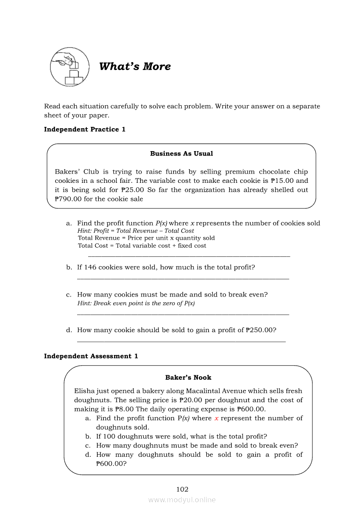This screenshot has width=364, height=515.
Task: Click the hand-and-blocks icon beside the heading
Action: point(69,67)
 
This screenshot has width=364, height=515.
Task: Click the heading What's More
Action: point(135,67)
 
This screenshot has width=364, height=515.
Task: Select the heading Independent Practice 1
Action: point(85,129)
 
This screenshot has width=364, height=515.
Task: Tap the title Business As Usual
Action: point(181,154)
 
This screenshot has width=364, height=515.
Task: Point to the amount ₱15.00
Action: point(283,181)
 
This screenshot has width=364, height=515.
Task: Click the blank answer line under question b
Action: point(183,278)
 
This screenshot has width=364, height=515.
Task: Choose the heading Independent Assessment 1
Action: point(91,356)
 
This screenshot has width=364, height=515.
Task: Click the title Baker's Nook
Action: point(188,378)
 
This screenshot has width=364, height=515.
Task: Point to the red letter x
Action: point(216,418)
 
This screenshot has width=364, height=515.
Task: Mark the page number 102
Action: point(182,489)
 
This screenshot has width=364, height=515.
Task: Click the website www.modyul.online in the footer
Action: point(182,500)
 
